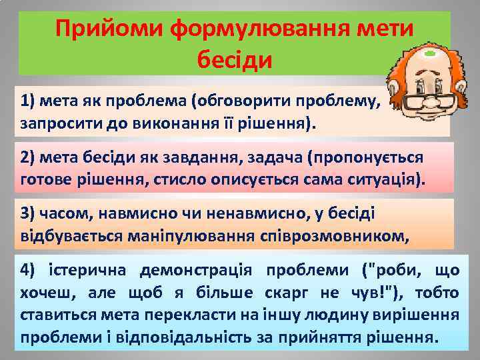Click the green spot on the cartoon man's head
tap(430, 51)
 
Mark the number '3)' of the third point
tap(29, 213)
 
